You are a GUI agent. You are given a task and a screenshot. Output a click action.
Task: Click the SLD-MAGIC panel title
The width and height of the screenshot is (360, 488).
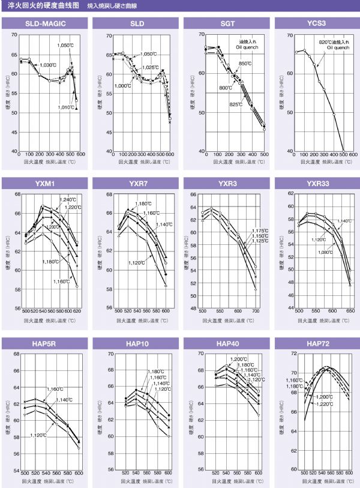click(x=45, y=23)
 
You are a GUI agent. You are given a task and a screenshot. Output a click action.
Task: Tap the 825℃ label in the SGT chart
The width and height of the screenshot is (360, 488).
click(x=236, y=104)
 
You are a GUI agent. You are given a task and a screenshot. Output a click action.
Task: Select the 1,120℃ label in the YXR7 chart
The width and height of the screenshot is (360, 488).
click(x=138, y=263)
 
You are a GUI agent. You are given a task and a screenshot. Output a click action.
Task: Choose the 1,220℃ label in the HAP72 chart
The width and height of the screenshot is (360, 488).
click(x=324, y=405)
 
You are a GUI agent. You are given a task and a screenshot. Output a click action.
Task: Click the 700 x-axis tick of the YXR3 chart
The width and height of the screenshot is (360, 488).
click(x=256, y=312)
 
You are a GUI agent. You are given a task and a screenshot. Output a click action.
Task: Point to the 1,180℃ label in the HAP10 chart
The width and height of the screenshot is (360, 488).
click(x=156, y=371)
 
